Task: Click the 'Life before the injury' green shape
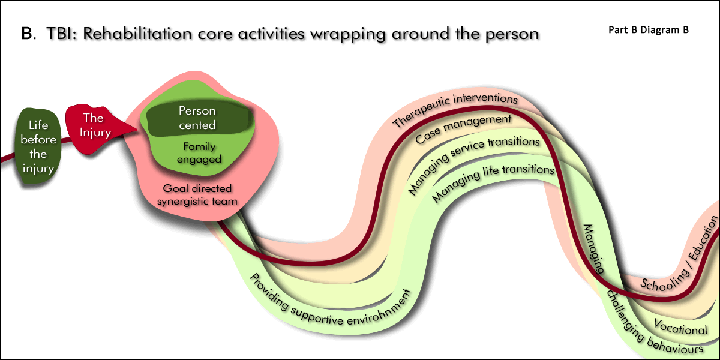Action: point(42,147)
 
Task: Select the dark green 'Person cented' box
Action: point(197,118)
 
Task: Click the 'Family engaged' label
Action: point(199,152)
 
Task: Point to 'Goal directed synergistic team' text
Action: point(197,194)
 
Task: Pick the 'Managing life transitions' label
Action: point(492,179)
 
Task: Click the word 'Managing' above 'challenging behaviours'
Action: point(594,249)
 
